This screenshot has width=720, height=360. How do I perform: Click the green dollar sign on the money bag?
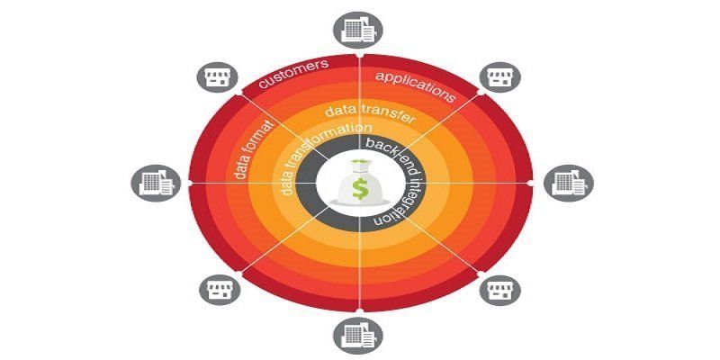pyautogui.click(x=360, y=190)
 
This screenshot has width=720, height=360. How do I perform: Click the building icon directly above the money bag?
pyautogui.click(x=359, y=29)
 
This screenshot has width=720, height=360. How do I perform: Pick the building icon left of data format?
pyautogui.click(x=150, y=182)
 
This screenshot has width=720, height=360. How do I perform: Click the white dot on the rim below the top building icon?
pyautogui.click(x=360, y=57)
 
